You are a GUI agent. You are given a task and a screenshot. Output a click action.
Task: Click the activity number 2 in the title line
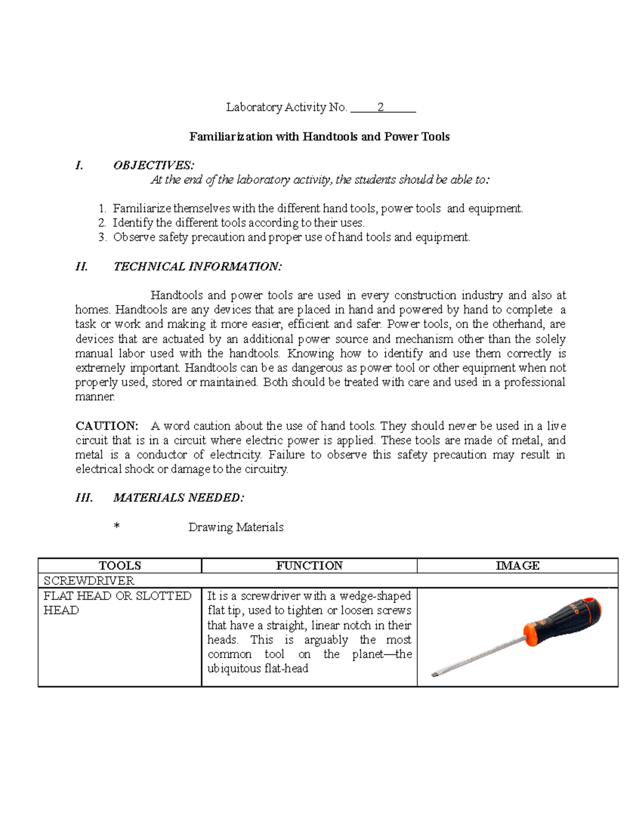coord(380,108)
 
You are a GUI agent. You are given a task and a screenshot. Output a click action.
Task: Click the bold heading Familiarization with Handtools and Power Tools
coord(319,137)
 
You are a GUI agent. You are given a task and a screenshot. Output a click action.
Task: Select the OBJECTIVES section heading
coord(154,165)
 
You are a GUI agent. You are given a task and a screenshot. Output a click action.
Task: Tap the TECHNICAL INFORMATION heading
coord(197,266)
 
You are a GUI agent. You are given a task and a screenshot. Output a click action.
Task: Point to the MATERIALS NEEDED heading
coord(178,498)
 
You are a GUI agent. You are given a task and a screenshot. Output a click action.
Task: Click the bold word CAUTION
coord(106,426)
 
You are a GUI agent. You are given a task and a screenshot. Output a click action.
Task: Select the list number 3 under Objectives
coord(103,238)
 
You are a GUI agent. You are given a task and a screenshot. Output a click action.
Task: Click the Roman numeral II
coord(81,266)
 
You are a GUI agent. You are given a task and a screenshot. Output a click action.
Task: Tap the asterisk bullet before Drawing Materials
coord(116,527)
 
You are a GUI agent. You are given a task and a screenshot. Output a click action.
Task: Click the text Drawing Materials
coord(235,527)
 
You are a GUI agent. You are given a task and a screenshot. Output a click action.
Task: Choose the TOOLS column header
coord(120,566)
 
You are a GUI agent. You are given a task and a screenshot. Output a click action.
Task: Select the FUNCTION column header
coord(309,566)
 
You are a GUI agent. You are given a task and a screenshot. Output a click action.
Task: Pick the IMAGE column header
coord(517,566)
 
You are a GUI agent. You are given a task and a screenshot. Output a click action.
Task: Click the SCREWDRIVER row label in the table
coord(89,581)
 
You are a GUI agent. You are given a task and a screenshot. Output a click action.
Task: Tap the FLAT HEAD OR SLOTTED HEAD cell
coord(117,603)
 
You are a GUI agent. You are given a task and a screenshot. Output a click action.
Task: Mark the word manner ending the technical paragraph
coord(95,397)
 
